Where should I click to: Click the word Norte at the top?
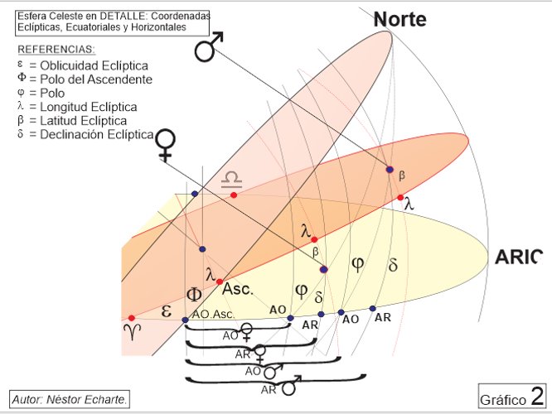(x=399, y=19)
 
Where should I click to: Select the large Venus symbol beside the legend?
(x=166, y=145)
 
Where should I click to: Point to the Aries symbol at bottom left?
(x=133, y=332)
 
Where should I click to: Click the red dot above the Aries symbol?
(x=131, y=318)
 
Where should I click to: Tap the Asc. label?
(x=238, y=289)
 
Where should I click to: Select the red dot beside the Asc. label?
(x=220, y=282)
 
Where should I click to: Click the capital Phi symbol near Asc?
(x=194, y=295)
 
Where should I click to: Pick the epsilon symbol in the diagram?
(x=166, y=311)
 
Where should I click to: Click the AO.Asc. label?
(x=213, y=315)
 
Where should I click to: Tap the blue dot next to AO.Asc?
(x=185, y=320)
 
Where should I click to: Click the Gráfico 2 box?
(x=512, y=397)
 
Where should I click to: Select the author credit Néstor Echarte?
(x=70, y=399)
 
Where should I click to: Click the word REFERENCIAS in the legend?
(x=56, y=50)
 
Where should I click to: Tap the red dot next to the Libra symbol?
(x=234, y=195)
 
